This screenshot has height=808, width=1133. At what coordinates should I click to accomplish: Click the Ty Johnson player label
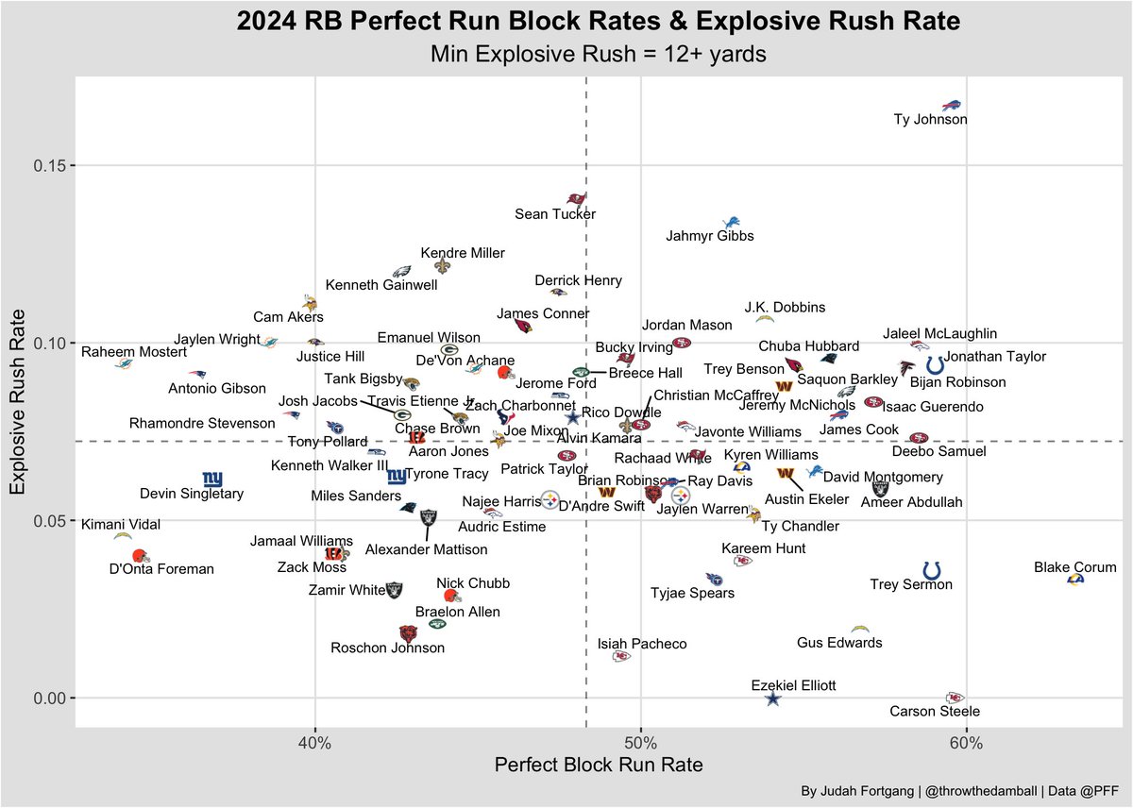930,120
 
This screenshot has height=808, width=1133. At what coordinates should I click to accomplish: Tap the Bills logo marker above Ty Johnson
952,105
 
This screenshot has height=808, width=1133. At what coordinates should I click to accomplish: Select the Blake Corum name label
1074,567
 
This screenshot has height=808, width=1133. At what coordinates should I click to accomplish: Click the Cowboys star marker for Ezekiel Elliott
772,699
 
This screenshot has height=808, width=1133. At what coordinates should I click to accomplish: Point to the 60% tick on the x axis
966,744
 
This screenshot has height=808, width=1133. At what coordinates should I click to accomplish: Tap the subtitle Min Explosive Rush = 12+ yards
597,54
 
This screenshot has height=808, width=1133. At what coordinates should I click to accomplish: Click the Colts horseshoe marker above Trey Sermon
932,570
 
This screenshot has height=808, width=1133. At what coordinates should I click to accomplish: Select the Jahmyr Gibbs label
710,236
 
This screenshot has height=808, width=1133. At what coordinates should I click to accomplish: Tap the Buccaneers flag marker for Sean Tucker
576,199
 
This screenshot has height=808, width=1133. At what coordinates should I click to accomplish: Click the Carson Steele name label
935,712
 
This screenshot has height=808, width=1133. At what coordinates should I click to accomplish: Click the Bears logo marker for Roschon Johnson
408,633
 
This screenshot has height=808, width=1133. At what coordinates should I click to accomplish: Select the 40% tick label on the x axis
314,744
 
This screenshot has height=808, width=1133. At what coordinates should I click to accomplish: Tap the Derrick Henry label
578,280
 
